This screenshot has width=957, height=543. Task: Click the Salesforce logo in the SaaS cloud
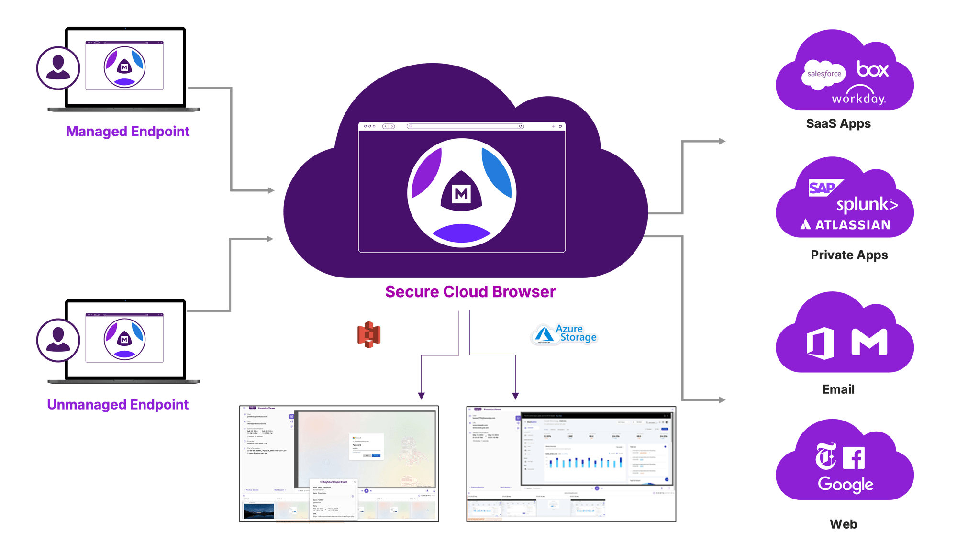(823, 74)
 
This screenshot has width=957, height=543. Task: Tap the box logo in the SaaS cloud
(872, 69)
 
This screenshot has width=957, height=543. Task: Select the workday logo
(859, 96)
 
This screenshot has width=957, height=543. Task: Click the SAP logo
(823, 188)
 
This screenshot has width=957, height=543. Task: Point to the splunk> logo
(867, 205)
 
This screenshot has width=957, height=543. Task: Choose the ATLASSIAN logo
(846, 224)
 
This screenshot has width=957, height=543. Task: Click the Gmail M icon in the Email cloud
(869, 342)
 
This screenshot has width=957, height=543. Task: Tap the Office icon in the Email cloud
(820, 343)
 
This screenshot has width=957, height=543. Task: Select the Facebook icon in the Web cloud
(854, 458)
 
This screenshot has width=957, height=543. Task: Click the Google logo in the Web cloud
(846, 484)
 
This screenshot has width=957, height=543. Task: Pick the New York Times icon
(826, 456)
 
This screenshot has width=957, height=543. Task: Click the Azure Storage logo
(565, 334)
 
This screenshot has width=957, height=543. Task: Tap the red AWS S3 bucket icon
(369, 334)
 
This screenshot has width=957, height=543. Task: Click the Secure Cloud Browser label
(470, 291)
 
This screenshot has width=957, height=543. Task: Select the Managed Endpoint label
(128, 131)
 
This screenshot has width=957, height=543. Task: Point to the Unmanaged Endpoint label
(118, 404)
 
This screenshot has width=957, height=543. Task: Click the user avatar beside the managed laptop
(58, 67)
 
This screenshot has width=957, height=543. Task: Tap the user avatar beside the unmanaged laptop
(58, 340)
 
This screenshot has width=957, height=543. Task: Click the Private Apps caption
(849, 255)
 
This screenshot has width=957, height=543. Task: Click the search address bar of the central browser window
(465, 126)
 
